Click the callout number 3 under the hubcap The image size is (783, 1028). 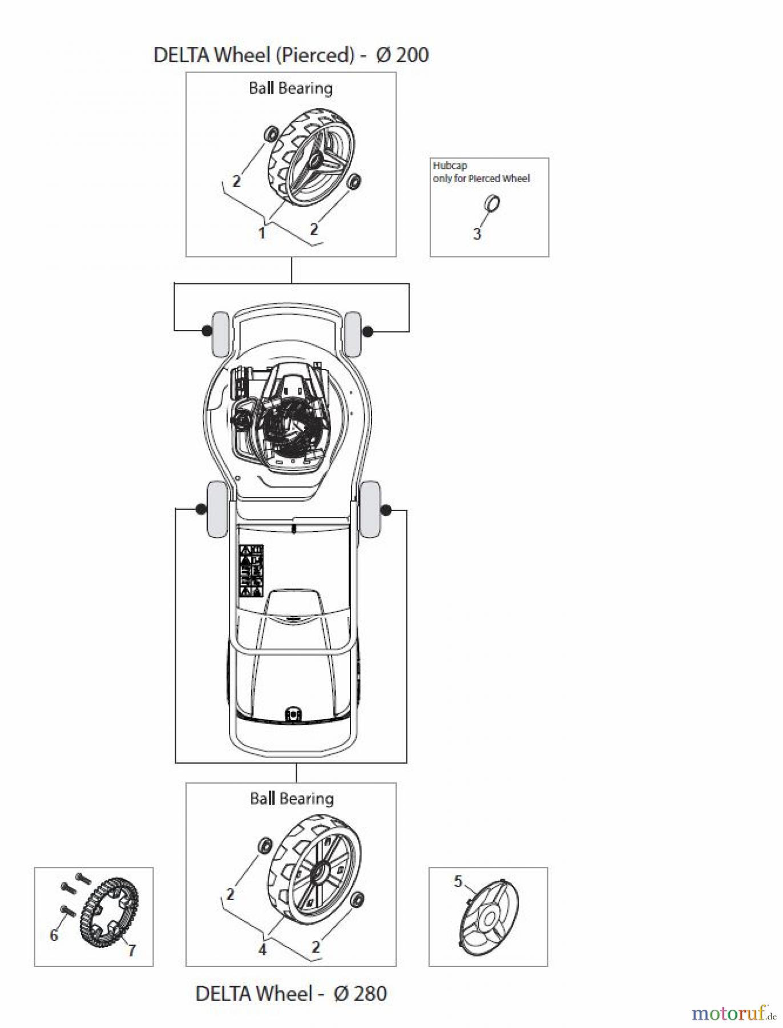click(477, 234)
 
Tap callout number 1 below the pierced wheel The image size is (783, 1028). click(262, 233)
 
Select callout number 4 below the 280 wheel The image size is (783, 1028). click(263, 949)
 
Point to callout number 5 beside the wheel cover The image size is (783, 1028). click(458, 881)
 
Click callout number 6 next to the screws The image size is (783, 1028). click(54, 934)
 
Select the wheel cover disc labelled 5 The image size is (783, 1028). click(489, 915)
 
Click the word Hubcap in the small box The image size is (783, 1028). click(450, 166)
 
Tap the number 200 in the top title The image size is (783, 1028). click(412, 55)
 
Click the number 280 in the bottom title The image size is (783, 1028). click(370, 994)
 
